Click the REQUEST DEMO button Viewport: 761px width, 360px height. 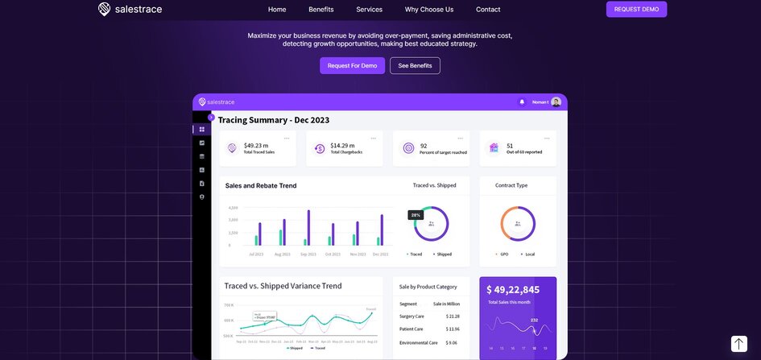click(x=636, y=10)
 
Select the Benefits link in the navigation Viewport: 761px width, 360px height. click(x=321, y=10)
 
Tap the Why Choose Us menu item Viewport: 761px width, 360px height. click(x=429, y=10)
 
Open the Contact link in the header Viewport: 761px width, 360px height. click(x=488, y=10)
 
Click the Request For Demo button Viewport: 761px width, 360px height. click(x=352, y=66)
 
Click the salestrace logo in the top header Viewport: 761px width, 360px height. click(x=130, y=10)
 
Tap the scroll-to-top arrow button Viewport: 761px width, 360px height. click(x=738, y=344)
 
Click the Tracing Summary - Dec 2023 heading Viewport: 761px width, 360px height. click(x=274, y=120)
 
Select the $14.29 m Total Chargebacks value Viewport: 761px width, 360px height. click(x=342, y=146)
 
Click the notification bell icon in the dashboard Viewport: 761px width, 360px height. click(x=522, y=102)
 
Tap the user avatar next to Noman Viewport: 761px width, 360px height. click(x=556, y=102)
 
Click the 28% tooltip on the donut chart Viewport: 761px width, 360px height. click(x=416, y=215)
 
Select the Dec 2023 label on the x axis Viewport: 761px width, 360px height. click(x=380, y=254)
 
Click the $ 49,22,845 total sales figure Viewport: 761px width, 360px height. click(x=513, y=290)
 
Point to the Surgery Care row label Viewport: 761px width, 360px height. click(x=412, y=317)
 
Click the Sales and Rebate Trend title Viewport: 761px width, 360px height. click(x=261, y=186)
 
